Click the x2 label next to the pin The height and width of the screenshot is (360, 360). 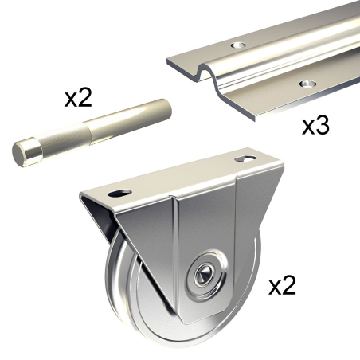pyautogui.click(x=78, y=98)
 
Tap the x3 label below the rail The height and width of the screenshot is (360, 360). pyautogui.click(x=315, y=125)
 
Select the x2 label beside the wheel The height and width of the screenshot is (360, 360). pyautogui.click(x=282, y=285)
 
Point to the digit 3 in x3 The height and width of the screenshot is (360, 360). pyautogui.click(x=323, y=125)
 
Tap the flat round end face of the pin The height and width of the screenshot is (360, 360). pyautogui.click(x=19, y=155)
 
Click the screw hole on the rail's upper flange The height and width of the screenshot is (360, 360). pyautogui.click(x=238, y=45)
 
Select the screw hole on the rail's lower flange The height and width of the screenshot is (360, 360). pyautogui.click(x=307, y=84)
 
